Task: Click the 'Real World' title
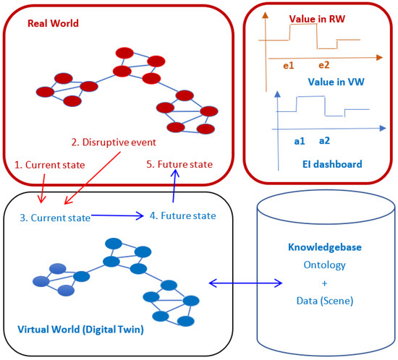pyautogui.click(x=53, y=23)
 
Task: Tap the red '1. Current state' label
pyautogui.click(x=50, y=165)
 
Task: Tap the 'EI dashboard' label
pyautogui.click(x=331, y=164)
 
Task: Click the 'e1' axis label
pyautogui.click(x=289, y=66)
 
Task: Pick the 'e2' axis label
pyautogui.click(x=323, y=66)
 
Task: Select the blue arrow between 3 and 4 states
pyautogui.click(x=119, y=215)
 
